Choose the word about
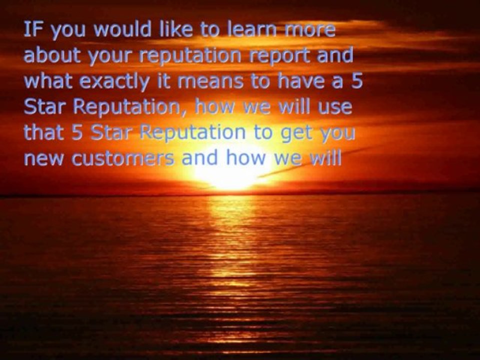(52, 55)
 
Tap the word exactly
(114, 82)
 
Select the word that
(44, 132)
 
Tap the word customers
(123, 158)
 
